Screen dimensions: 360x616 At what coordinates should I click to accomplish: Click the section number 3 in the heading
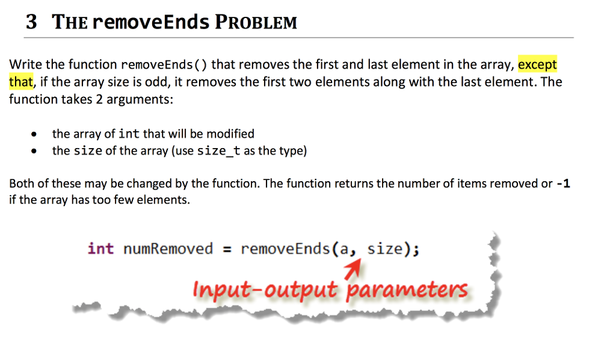31,22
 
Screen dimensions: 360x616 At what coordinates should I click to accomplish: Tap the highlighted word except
537,64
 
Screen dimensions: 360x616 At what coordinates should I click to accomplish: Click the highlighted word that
20,81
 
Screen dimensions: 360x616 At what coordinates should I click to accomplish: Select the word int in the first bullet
129,134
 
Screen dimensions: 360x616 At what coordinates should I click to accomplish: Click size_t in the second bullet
219,151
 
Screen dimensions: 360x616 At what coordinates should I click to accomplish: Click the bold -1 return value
563,184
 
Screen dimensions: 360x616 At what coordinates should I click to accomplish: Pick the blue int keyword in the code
100,249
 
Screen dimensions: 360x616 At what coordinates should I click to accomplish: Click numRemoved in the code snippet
168,249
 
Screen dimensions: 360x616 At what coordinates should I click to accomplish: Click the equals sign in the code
227,249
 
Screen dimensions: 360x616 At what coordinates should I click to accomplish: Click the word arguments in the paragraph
139,99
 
